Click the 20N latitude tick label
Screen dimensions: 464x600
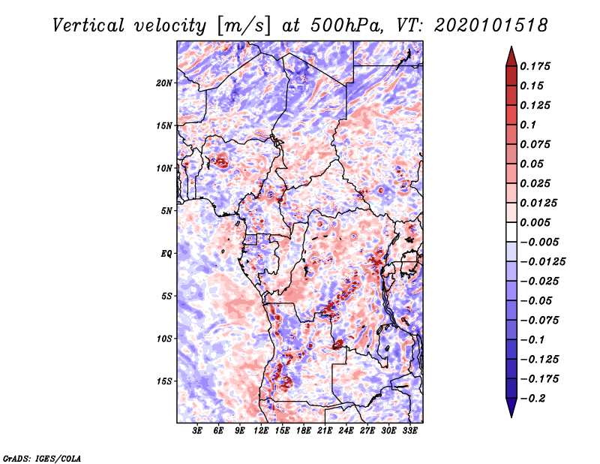[x=165, y=83]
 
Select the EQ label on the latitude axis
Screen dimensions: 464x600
[x=166, y=253]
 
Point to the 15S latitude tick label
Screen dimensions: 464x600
[x=165, y=381]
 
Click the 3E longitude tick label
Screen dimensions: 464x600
[x=197, y=431]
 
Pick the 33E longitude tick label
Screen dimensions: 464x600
[x=409, y=431]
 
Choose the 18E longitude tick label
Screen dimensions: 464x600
[x=304, y=431]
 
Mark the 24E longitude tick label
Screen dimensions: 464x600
[x=346, y=431]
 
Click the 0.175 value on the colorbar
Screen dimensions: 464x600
[x=538, y=66]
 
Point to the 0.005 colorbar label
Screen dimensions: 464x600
[x=538, y=222]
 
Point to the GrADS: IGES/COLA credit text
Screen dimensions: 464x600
[x=42, y=457]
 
